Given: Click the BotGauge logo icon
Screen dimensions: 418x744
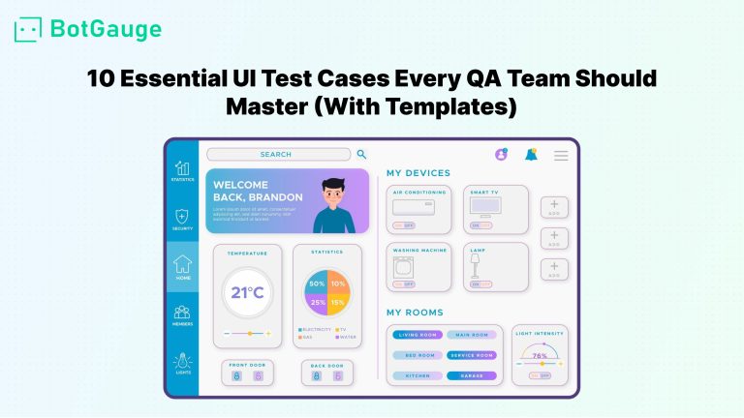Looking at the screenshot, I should [x=29, y=29].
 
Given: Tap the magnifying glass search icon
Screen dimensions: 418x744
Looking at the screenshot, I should [x=361, y=154].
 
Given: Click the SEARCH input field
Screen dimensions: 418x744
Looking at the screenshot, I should [x=278, y=154].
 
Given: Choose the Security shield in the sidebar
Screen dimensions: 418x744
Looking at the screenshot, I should [x=182, y=217].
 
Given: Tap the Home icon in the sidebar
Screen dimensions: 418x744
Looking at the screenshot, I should [x=182, y=265].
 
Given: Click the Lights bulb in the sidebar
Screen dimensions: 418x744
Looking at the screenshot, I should [x=182, y=361].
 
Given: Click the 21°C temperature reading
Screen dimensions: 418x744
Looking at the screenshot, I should [x=247, y=292].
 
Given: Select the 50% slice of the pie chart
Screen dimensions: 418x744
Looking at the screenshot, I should [x=316, y=284].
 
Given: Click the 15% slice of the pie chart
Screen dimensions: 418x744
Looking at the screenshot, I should [x=338, y=303].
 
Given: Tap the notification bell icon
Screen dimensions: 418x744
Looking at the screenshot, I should [x=531, y=154].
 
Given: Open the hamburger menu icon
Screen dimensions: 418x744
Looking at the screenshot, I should [x=561, y=155].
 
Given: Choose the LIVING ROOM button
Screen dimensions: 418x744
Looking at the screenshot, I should [x=418, y=335].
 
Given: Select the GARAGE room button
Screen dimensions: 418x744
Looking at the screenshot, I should [x=472, y=375].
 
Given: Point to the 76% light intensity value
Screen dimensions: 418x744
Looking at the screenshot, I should [x=540, y=356].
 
